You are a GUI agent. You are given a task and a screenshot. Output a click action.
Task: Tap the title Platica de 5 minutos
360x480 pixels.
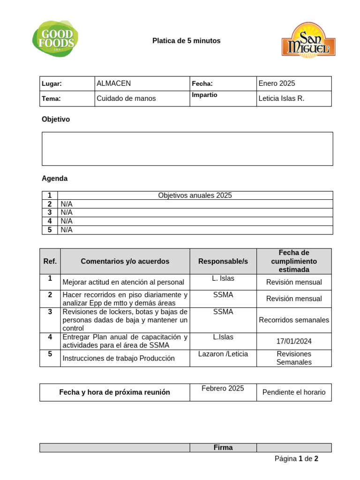tap(186, 41)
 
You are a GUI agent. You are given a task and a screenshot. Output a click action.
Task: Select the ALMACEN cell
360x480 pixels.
tap(113, 83)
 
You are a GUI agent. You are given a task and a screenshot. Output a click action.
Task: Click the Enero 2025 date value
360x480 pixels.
tap(277, 83)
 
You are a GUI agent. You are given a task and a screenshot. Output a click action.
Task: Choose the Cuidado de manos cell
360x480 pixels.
tap(126, 98)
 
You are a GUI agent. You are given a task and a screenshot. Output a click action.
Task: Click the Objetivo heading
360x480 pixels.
tap(56, 120)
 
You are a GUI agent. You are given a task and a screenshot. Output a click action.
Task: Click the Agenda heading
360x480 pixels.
tap(54, 179)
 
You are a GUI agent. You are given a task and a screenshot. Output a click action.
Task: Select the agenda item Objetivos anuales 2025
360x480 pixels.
tap(195, 195)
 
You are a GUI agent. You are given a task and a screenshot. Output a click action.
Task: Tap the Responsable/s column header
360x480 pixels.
tap(223, 262)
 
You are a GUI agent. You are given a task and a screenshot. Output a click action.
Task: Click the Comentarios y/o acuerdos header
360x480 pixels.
tap(125, 262)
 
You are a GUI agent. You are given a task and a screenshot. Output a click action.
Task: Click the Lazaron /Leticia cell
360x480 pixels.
tap(223, 354)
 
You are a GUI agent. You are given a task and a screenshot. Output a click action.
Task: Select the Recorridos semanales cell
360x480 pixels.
tap(294, 320)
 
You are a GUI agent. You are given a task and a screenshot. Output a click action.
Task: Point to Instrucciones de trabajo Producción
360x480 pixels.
tap(118, 359)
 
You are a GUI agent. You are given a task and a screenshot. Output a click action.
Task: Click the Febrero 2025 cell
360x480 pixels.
tap(223, 389)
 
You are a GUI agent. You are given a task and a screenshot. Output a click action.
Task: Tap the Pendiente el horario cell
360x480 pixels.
tap(294, 392)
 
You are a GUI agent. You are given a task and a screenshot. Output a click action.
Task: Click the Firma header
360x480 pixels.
tap(223, 448)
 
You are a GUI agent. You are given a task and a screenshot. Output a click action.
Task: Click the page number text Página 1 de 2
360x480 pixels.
tap(296, 459)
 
